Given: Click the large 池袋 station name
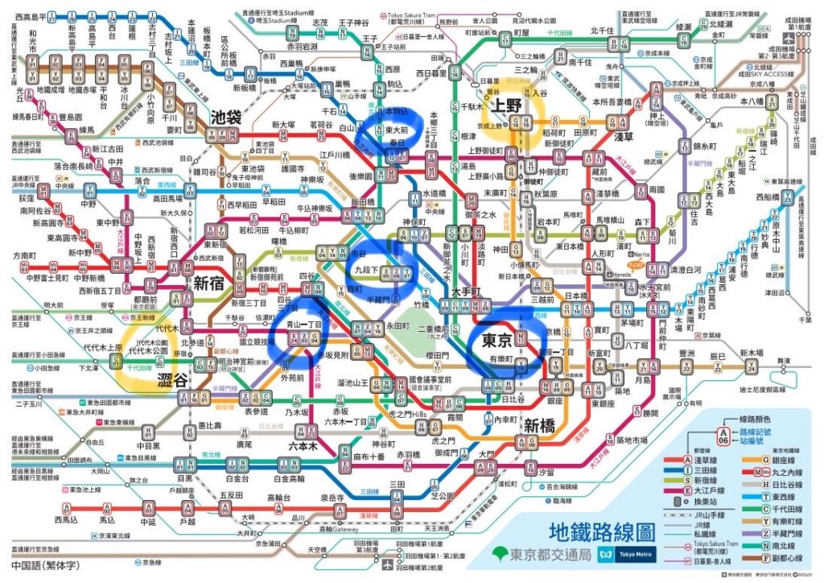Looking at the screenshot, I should [x=225, y=117].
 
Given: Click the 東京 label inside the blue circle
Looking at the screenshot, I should [x=493, y=339].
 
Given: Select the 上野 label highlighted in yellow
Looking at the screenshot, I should [x=507, y=105].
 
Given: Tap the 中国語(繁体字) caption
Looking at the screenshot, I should [x=44, y=566].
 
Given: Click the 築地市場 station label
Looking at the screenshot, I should [x=632, y=439].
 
